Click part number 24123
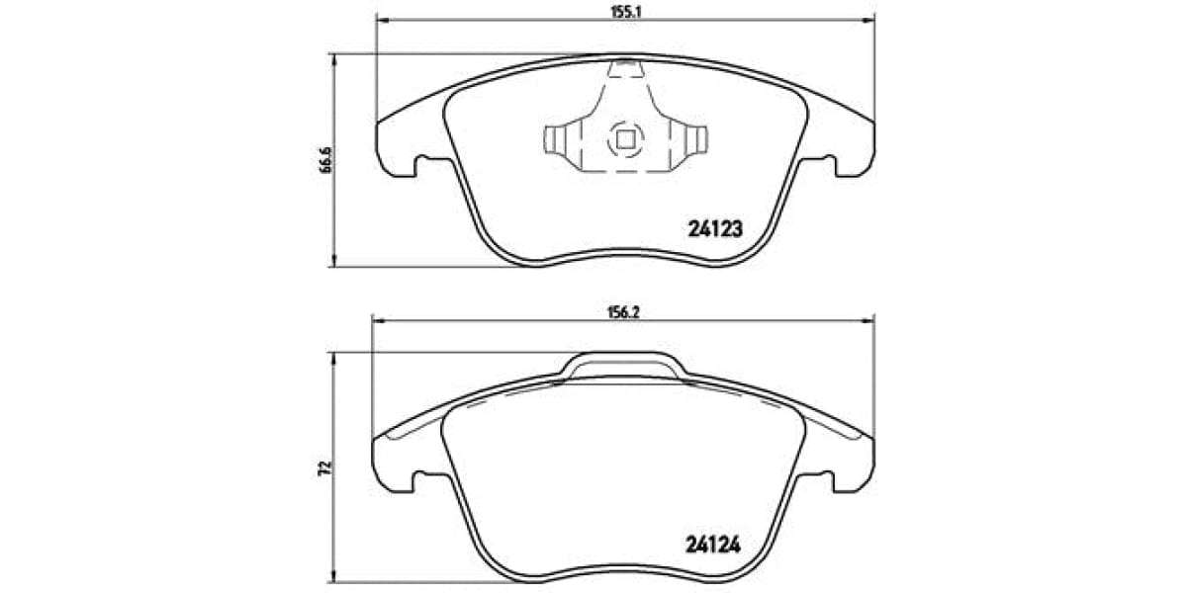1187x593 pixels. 714,228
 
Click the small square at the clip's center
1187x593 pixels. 624,139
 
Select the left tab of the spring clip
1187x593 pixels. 554,140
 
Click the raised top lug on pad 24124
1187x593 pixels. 624,363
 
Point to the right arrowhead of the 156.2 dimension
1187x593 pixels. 869,318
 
